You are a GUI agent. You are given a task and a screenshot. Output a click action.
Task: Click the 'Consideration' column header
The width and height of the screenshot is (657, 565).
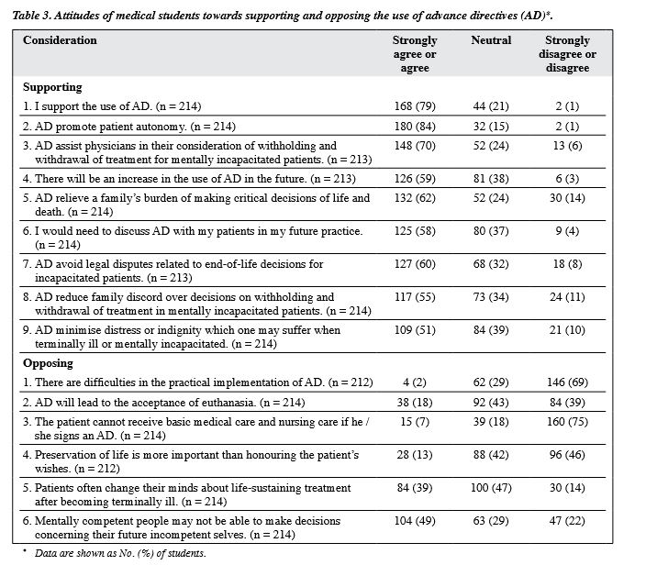tap(60, 40)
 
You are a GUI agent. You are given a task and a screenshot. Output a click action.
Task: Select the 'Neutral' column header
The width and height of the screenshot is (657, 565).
tap(491, 40)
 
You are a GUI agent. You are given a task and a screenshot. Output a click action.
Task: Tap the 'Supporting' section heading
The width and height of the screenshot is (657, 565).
tap(52, 87)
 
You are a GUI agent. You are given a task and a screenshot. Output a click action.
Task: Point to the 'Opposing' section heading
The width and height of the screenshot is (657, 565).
tap(49, 363)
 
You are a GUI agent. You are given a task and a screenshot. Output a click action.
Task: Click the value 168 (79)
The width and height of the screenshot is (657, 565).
tap(415, 106)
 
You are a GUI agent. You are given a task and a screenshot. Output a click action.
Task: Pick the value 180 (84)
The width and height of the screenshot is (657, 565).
tap(415, 127)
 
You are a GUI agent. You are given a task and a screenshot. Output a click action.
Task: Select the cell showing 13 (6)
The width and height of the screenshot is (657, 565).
tap(567, 146)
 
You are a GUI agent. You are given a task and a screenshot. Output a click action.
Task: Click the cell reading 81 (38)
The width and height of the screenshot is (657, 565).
tap(491, 179)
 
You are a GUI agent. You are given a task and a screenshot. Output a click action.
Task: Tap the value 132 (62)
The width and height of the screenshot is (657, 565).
tap(415, 198)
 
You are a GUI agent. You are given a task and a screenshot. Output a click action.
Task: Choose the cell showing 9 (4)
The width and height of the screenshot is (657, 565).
tap(567, 231)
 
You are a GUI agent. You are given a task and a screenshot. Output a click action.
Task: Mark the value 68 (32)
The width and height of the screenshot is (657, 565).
tap(491, 264)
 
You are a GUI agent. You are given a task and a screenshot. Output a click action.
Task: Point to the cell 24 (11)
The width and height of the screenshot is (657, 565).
tap(567, 297)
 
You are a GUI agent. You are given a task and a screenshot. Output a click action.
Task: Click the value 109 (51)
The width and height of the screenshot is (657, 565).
tap(415, 330)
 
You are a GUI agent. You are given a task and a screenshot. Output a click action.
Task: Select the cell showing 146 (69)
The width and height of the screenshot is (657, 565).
tap(567, 382)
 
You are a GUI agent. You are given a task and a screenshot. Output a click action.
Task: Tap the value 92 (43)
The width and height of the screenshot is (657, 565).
tap(491, 403)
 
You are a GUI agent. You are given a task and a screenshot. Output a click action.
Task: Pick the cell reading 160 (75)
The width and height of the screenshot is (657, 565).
tap(567, 422)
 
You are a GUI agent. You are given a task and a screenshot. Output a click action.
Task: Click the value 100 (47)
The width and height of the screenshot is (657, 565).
tap(491, 488)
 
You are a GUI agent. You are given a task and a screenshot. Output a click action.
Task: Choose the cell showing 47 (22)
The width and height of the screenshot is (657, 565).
tap(567, 521)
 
